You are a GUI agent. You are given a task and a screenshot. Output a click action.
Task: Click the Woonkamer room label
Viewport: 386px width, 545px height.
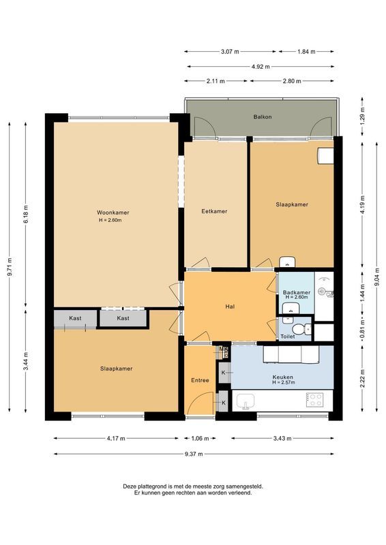pos(113,212)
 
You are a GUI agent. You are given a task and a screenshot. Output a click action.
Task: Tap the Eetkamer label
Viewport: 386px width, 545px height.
pos(214,211)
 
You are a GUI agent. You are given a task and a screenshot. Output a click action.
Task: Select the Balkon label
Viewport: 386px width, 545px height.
pos(263,116)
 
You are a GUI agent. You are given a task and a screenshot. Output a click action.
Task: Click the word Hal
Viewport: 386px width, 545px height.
pos(230,307)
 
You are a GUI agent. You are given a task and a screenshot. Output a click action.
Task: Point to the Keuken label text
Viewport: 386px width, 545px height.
pos(282,377)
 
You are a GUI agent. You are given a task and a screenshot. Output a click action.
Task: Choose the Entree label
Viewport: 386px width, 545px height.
pos(201,380)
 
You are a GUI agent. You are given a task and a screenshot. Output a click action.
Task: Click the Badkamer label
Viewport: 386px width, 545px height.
pos(296,292)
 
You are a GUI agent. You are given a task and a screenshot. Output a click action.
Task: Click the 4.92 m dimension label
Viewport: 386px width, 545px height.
pos(261,66)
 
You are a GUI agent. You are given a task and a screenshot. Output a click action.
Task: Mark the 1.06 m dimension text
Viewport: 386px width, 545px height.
pos(201,439)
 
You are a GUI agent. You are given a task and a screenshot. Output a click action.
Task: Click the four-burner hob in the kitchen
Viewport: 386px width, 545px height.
pos(315,400)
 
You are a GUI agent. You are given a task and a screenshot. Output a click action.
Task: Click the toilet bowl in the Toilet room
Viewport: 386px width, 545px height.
pos(308,330)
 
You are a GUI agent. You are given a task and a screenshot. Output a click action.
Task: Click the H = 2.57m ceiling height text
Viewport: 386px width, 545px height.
pos(282,383)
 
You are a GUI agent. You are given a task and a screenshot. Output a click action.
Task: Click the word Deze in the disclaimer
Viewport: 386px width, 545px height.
pos(130,486)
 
